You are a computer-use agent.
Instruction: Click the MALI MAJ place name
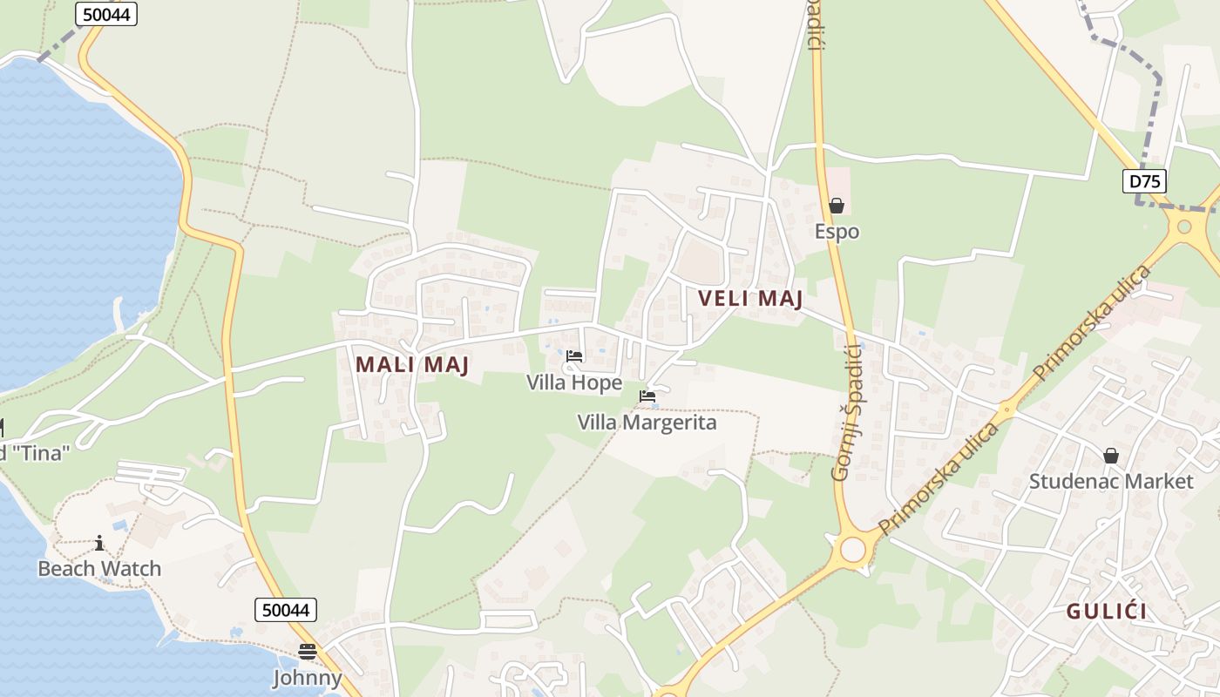(x=412, y=365)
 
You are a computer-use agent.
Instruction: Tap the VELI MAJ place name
(x=749, y=299)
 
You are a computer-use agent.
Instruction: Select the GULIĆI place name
(x=1107, y=612)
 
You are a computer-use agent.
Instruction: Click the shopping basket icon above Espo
(x=837, y=206)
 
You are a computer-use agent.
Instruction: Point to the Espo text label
(x=837, y=232)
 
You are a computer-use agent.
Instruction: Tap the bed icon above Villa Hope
(x=574, y=356)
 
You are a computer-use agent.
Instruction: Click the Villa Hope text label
(x=574, y=382)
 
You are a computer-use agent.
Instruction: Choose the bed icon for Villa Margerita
(x=647, y=396)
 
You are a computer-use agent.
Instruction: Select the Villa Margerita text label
(x=647, y=423)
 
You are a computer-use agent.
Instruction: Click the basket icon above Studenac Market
(x=1111, y=456)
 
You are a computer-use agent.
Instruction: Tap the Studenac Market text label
(x=1111, y=482)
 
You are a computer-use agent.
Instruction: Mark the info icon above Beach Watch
(x=99, y=544)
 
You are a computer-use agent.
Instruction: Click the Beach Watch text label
(x=99, y=569)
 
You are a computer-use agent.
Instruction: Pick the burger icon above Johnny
(x=307, y=651)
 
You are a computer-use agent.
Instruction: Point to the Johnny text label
(x=307, y=678)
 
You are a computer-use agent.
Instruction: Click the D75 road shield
(x=1143, y=181)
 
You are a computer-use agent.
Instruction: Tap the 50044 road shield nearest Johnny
(x=286, y=610)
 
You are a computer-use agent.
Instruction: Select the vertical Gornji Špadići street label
(x=846, y=412)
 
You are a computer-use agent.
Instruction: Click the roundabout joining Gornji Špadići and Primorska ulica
(x=852, y=550)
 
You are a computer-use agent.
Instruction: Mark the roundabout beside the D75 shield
(x=1184, y=227)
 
